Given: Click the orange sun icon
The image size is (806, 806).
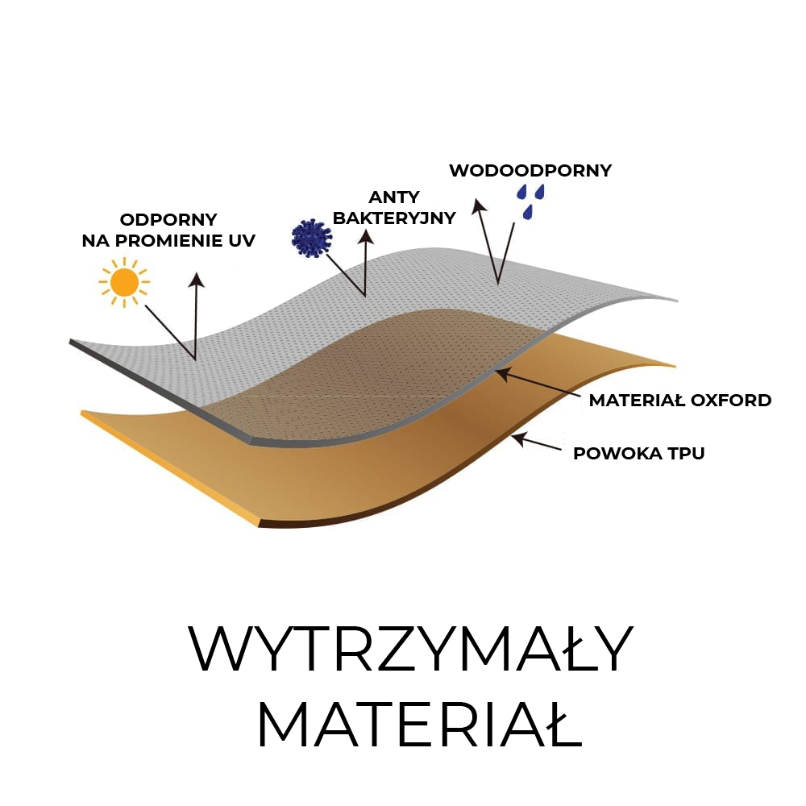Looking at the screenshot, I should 124,282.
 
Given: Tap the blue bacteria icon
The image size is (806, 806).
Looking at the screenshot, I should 311,238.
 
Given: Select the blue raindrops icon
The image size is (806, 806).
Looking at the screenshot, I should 530,200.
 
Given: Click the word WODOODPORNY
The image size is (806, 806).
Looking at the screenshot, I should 530,171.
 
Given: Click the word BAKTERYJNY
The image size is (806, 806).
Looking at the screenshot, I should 394,218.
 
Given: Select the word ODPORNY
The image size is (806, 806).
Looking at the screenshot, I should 168,219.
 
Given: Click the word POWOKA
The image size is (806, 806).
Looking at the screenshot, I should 611,454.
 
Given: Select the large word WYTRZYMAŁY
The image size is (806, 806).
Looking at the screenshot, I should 411,650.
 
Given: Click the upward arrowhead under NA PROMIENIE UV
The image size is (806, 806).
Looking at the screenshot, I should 196,279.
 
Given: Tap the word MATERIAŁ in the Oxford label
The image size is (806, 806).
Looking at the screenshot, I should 635,401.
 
